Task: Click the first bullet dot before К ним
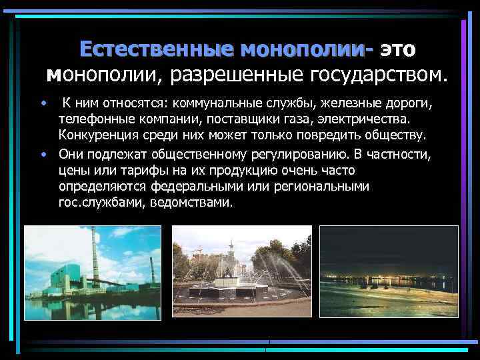coord(43,105)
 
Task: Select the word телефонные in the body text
coord(89,121)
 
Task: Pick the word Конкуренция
coord(94,136)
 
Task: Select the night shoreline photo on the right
coord(389,271)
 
